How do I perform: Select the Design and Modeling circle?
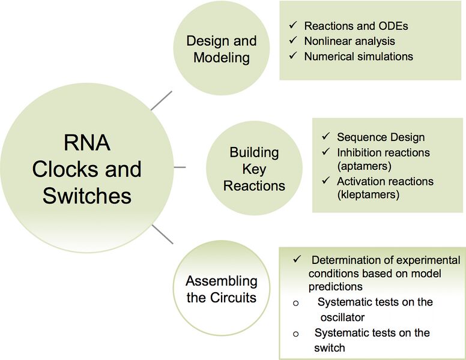point(221,49)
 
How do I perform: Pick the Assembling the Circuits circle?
point(221,289)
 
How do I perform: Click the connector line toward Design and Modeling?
point(161,101)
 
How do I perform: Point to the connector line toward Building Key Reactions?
point(180,167)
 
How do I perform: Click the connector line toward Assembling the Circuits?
point(162,233)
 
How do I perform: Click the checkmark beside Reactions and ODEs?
point(293,26)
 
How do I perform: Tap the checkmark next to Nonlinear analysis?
point(293,41)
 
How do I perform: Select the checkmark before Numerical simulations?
point(293,56)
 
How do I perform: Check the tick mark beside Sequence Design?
point(325,137)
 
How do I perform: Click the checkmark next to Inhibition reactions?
point(325,152)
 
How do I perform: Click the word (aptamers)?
point(365,167)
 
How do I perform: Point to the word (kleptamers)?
point(368,195)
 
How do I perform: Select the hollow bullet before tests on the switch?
point(295,334)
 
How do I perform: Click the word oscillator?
point(342,316)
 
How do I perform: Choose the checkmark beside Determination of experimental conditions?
point(297,259)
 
